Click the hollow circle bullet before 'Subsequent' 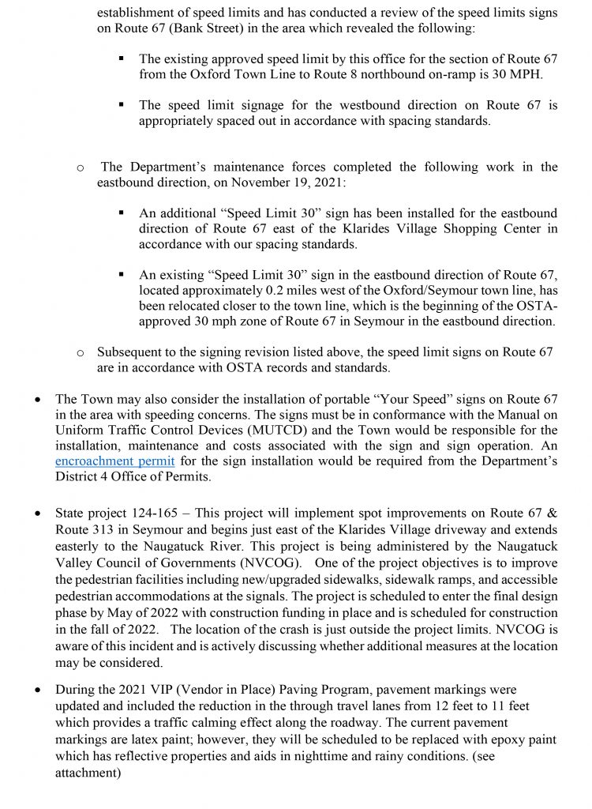coord(80,352)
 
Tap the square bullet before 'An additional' coord(122,213)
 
